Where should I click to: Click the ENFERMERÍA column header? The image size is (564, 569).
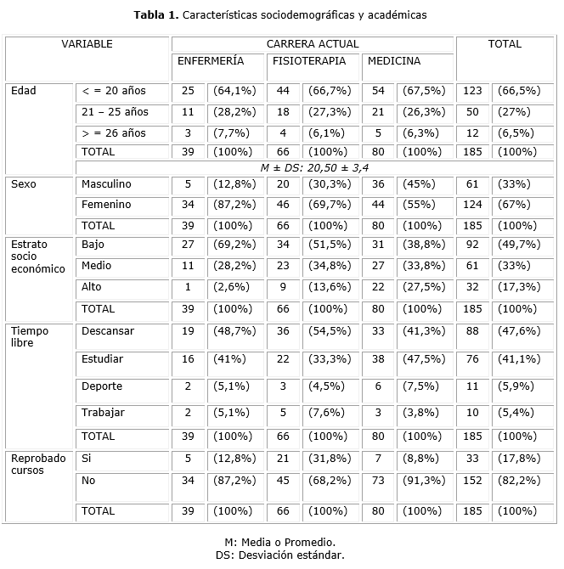210,61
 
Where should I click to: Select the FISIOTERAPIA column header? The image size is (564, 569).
308,61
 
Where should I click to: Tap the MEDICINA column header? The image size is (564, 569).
393,61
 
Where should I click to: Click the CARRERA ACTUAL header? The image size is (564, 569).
312,44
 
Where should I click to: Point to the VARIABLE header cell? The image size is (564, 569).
87,44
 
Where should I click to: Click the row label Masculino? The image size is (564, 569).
106,184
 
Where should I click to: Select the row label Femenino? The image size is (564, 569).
106,205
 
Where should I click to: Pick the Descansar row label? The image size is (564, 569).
108,330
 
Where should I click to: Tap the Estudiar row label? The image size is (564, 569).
102,359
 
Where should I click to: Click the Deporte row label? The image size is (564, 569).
102,386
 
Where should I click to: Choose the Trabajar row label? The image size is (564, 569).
104,413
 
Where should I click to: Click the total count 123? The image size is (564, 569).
472,91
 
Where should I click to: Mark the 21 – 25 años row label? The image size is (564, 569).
115,112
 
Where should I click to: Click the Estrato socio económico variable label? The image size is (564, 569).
37,256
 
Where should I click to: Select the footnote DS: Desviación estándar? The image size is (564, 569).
281,555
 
